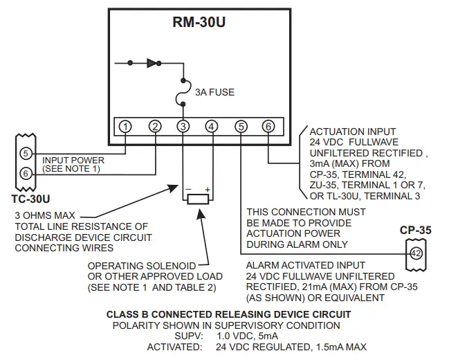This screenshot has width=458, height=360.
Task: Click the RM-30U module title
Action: coord(199,22)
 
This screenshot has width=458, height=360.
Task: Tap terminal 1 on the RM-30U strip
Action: coord(125,126)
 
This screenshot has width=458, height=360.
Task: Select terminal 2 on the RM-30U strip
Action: coord(154,126)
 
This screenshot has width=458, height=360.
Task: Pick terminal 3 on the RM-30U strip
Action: coord(183,126)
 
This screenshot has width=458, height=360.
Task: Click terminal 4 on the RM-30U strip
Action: coord(211,126)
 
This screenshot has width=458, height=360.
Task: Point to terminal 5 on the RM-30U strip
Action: coord(240,126)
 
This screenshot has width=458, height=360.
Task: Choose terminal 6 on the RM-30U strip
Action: coord(268,126)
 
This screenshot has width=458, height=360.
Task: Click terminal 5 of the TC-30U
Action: coord(26,152)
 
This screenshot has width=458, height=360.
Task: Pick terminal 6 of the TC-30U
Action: coord(26,173)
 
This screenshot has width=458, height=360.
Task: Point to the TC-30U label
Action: coord(26,198)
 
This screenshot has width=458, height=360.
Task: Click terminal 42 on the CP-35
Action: coord(416,253)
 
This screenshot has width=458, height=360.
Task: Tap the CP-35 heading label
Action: coord(415,231)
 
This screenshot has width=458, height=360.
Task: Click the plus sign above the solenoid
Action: coord(207,189)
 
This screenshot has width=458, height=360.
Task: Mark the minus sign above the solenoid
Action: coord(187,189)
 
